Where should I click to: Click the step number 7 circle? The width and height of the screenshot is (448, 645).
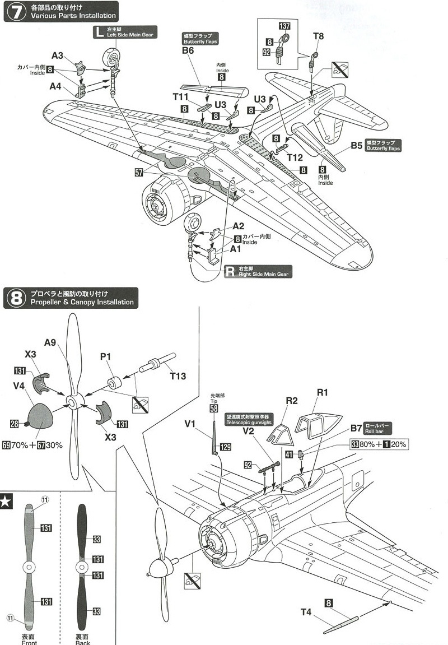(16, 11)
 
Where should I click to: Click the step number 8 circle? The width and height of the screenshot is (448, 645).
(16, 298)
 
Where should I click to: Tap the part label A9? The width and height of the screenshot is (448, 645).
(50, 342)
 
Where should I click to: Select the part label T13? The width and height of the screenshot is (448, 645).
(178, 376)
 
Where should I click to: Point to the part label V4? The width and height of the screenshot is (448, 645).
(19, 386)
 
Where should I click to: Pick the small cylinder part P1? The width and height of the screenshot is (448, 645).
(115, 383)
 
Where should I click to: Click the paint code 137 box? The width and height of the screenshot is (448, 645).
(284, 26)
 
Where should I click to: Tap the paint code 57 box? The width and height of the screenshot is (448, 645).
(139, 173)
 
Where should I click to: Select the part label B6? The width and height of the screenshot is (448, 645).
(188, 50)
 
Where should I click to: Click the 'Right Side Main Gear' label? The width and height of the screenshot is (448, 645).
(259, 271)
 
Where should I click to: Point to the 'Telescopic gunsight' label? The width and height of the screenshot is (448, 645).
(250, 420)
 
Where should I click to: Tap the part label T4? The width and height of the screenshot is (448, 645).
(306, 612)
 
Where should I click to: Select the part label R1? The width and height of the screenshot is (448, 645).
(323, 392)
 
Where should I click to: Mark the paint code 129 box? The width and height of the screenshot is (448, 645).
(226, 447)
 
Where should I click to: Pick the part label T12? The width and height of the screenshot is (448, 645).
(295, 157)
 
